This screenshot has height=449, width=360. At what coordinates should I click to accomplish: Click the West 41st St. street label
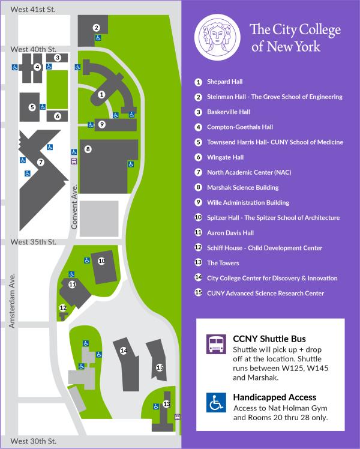coord(34,10)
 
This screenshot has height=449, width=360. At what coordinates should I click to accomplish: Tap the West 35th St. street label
coord(34,242)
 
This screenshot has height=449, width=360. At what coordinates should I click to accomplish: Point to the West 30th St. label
coord(34,441)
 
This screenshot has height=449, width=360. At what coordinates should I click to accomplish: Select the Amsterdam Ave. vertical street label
coord(11,301)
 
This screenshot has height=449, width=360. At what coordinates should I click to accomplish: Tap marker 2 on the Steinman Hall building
coord(96,28)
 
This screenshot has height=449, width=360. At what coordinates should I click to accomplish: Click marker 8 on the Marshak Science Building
coord(88,149)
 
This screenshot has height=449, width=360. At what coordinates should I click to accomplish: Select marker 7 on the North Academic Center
coord(40,162)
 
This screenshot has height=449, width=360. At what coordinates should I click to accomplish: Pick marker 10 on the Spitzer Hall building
coord(101,261)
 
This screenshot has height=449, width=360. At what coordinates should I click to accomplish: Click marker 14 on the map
coord(124,351)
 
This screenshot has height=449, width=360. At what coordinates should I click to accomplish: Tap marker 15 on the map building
coord(160,367)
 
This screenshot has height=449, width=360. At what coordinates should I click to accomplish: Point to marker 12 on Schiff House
coord(62,308)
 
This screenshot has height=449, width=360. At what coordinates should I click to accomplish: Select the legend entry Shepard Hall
coord(224,82)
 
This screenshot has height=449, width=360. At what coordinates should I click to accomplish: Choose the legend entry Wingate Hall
coord(225,157)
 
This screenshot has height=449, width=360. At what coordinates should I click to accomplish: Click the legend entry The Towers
coord(223,263)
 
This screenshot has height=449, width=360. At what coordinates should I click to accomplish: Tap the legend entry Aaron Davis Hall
coord(230,233)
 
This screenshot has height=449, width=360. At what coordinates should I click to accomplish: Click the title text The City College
coord(295,29)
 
